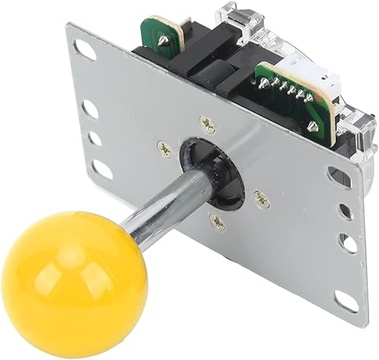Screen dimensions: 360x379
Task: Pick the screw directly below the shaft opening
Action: coord(218,219)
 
